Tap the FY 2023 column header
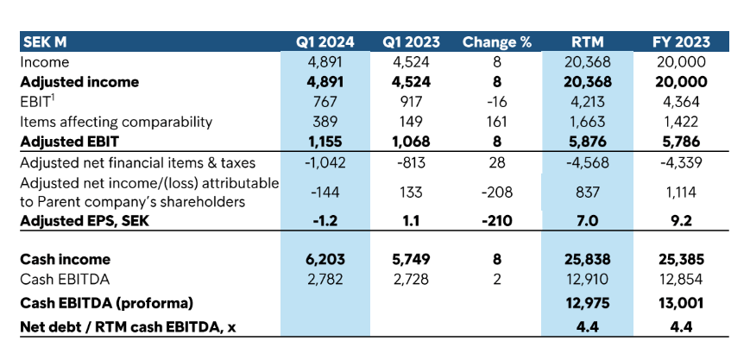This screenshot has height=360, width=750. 679,41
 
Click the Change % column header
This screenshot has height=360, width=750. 496,41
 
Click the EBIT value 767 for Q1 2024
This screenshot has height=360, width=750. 325,102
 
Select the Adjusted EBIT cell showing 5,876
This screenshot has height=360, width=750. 588,142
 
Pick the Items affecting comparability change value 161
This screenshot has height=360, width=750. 496,122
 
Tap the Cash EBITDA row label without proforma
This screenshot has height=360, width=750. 62,279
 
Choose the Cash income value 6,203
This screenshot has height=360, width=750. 325,259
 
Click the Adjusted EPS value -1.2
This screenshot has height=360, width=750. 325,220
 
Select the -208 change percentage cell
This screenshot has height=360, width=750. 496,193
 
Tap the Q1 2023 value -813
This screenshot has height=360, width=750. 412,162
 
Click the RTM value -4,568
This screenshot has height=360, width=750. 588,162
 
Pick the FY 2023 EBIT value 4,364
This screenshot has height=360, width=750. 679,102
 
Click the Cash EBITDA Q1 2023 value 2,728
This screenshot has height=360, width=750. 412,279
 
